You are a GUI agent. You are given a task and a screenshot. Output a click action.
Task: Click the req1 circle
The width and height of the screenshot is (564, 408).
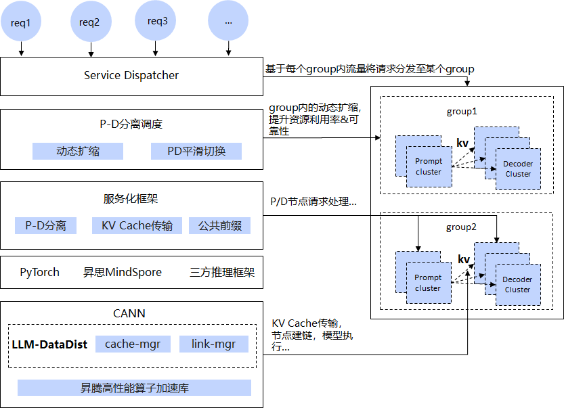tap(21, 22)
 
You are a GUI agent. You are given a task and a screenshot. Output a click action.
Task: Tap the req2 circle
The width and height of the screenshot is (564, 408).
tap(89, 22)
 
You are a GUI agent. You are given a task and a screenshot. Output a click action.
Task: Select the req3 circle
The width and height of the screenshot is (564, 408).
tap(157, 21)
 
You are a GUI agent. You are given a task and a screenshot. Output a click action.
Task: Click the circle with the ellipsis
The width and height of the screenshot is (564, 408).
tap(228, 21)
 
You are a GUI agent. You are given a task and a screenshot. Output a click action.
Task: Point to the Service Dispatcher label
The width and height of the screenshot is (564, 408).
tap(131, 75)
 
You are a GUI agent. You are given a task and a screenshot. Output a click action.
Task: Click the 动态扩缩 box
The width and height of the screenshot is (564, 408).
tap(78, 151)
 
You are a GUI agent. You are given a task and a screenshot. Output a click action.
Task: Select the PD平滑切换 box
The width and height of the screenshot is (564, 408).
tap(196, 151)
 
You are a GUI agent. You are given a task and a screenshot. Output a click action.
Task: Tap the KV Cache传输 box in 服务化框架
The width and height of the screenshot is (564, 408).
tap(137, 225)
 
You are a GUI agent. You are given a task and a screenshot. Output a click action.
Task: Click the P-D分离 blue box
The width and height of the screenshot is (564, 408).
tap(46, 225)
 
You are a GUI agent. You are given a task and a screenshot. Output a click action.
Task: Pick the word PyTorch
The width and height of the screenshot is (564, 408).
tap(39, 273)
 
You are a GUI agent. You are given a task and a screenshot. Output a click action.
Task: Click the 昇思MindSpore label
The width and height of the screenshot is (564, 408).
tap(123, 273)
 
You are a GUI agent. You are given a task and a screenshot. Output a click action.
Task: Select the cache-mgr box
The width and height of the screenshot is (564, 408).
tap(133, 344)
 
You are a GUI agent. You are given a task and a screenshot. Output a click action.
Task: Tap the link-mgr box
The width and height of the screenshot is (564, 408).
tap(213, 344)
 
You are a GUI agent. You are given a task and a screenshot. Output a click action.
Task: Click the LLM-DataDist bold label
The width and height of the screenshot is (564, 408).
tap(49, 344)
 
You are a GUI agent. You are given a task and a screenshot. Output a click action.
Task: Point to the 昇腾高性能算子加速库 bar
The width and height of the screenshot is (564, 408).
tap(134, 388)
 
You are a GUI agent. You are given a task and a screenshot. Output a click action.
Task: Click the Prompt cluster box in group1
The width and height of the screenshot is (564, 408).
tap(428, 166)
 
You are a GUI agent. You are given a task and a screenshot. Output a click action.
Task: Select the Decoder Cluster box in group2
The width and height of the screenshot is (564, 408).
tap(518, 284)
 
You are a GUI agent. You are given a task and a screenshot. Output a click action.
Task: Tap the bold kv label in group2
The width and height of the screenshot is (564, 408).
tap(464, 260)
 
